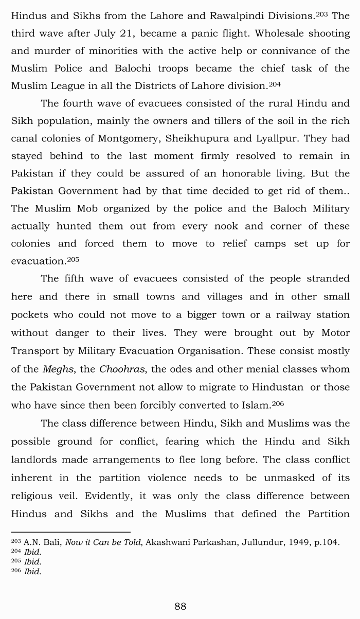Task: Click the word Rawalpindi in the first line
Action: click(x=235, y=15)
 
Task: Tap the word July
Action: click(x=105, y=33)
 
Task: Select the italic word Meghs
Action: click(x=57, y=369)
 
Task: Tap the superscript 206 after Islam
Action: click(x=277, y=403)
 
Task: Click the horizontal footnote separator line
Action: click(x=70, y=532)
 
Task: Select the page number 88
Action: click(x=180, y=606)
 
